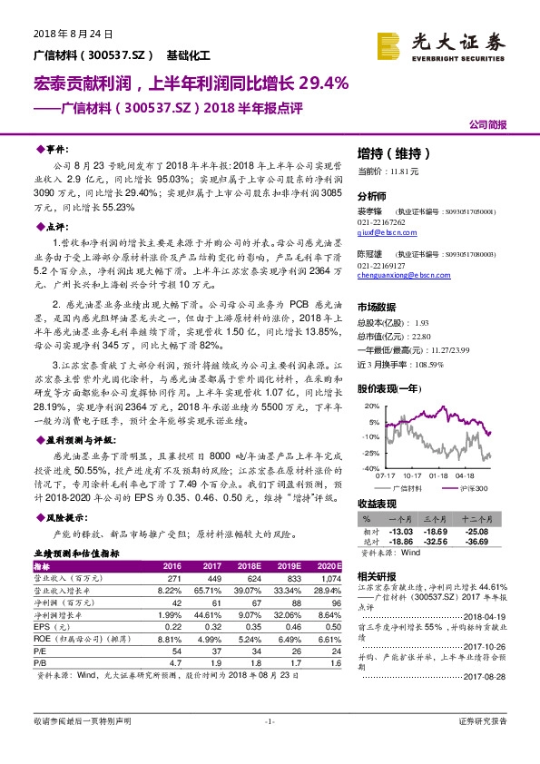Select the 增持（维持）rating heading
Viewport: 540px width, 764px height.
pos(393,153)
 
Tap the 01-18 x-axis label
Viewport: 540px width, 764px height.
pos(438,475)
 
